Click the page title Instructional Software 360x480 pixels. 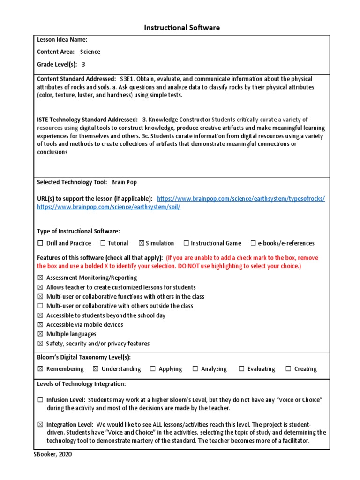pyautogui.click(x=181, y=28)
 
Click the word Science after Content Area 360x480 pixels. pyautogui.click(x=90, y=52)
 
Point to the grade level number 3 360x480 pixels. pyautogui.click(x=83, y=64)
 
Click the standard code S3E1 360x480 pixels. pyautogui.click(x=128, y=79)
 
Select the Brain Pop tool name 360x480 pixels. pyautogui.click(x=124, y=182)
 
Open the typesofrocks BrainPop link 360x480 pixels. pyautogui.click(x=241, y=199)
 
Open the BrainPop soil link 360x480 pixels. pyautogui.click(x=109, y=207)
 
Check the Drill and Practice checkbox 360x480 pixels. pyautogui.click(x=40, y=243)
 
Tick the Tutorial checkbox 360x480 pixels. pyautogui.click(x=103, y=243)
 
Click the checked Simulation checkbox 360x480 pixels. pyautogui.click(x=141, y=243)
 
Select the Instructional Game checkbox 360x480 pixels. pyautogui.click(x=186, y=243)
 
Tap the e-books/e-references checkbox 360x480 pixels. pyautogui.click(x=253, y=243)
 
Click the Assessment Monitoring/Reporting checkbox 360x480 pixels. pyautogui.click(x=40, y=278)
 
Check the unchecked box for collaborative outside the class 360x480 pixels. pyautogui.click(x=40, y=306)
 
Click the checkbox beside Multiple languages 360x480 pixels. pyautogui.click(x=40, y=334)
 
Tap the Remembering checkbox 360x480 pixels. pyautogui.click(x=40, y=369)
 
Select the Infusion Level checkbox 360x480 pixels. pyautogui.click(x=40, y=400)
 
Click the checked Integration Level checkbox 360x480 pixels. pyautogui.click(x=40, y=424)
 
